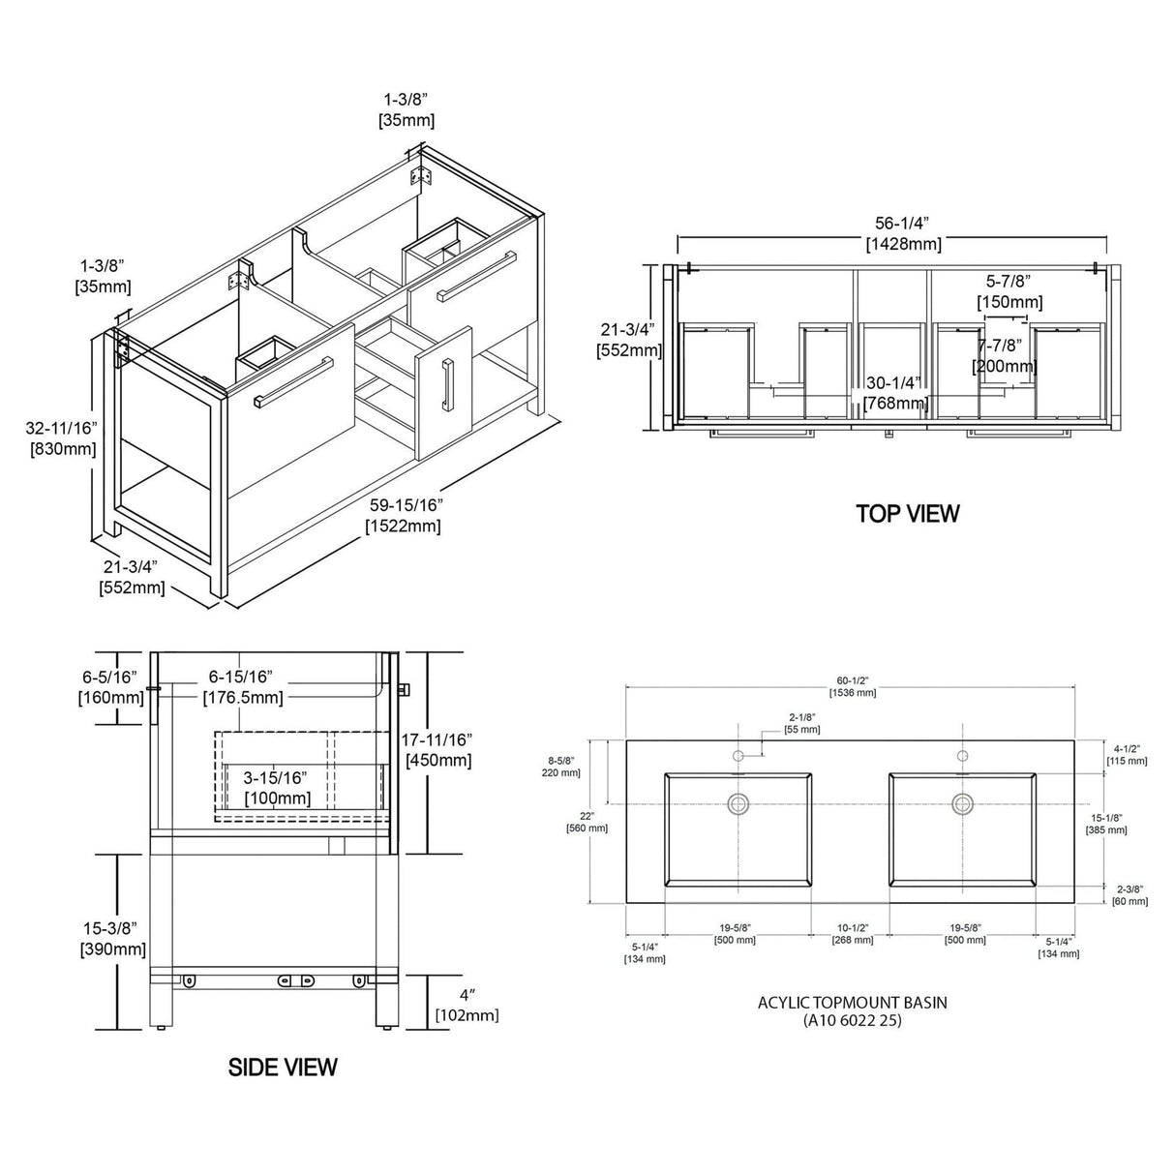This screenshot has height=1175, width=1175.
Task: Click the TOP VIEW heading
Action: (x=907, y=513)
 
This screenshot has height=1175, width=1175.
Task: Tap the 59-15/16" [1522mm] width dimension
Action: (x=403, y=515)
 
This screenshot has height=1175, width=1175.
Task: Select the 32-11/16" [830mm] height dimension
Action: (x=62, y=438)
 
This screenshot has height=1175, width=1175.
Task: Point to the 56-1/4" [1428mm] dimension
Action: (x=904, y=233)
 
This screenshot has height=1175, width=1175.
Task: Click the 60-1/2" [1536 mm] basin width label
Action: (x=853, y=686)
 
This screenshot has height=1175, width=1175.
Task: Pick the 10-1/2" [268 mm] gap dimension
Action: (x=853, y=934)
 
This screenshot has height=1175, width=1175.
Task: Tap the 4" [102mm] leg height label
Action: (x=467, y=1006)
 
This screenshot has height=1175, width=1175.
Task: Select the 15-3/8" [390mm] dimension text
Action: (x=113, y=939)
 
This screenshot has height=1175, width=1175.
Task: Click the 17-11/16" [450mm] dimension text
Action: (x=437, y=750)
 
